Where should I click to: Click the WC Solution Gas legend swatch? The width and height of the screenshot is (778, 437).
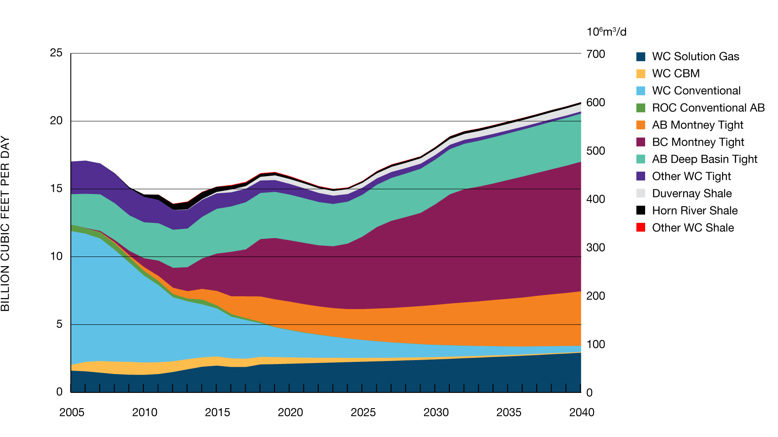tap(641, 57)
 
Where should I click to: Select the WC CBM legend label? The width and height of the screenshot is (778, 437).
tap(676, 73)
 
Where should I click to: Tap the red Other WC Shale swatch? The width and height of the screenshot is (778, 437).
tap(641, 227)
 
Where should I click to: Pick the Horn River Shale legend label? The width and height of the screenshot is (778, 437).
tap(695, 211)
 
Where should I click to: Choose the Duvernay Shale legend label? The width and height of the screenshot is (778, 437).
tap(691, 194)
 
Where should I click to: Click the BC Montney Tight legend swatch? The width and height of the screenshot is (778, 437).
tap(641, 142)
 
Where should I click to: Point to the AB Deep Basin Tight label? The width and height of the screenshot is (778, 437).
tap(704, 159)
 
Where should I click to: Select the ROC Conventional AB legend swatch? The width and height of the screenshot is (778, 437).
tap(641, 108)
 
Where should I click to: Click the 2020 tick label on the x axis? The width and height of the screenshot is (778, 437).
tap(290, 412)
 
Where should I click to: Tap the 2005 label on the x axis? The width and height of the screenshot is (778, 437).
tap(72, 412)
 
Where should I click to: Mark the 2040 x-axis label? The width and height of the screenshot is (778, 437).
tap(582, 412)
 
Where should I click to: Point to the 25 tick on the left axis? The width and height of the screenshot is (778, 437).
tap(56, 53)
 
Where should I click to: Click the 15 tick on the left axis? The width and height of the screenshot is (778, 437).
tap(56, 188)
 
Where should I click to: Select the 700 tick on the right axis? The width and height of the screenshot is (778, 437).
tap(596, 54)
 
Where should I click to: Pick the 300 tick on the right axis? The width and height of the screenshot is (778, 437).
tap(596, 248)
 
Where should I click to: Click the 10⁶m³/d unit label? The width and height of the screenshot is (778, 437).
tap(606, 32)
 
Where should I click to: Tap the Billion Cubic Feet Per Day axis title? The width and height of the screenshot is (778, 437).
tap(5, 223)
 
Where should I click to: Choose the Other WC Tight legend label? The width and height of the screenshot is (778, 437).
tap(691, 176)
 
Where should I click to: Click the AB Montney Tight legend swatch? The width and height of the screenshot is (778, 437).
tap(641, 125)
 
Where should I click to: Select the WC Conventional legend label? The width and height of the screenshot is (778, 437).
tap(696, 90)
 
